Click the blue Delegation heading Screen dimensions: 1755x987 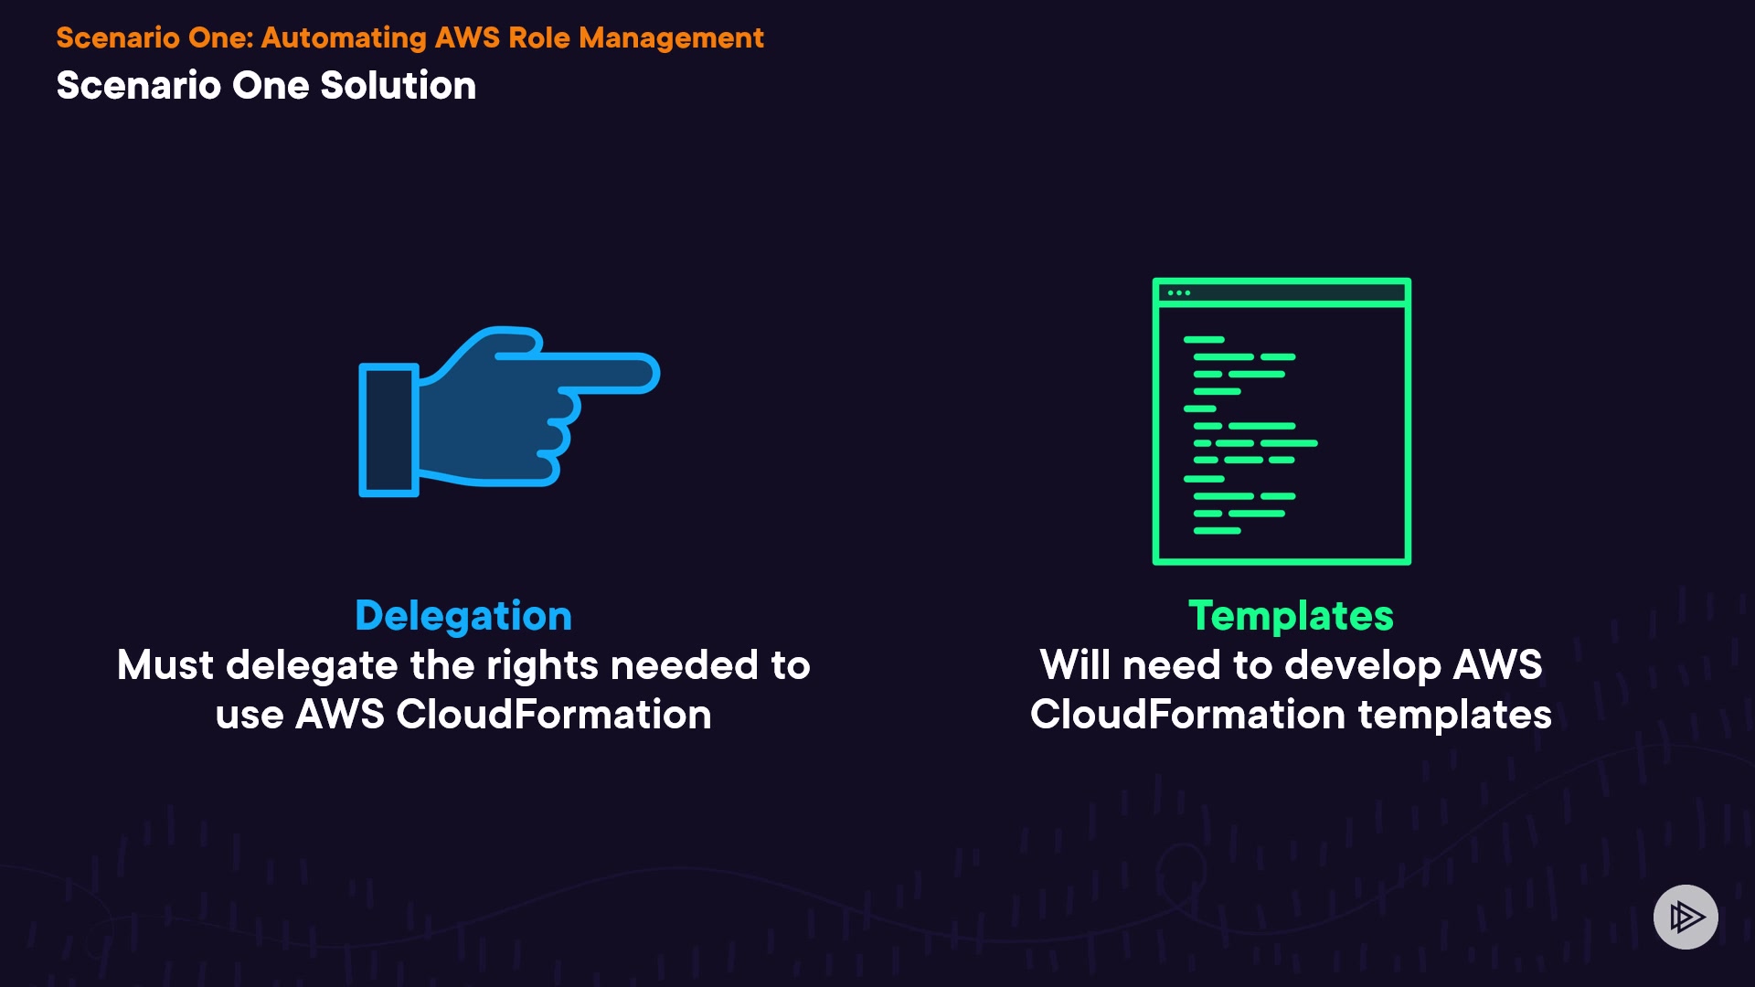point(463,616)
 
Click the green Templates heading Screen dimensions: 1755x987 point(1291,616)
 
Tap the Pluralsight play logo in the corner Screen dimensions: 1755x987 point(1686,917)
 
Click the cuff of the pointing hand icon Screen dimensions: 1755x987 point(388,430)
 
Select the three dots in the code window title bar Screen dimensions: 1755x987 point(1179,293)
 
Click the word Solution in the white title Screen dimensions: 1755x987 point(398,86)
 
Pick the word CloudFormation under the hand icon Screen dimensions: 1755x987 point(554,715)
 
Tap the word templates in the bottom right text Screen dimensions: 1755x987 point(1454,715)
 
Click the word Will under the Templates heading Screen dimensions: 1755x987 point(1075,665)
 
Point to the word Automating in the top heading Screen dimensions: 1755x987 point(344,37)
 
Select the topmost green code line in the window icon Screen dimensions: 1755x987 point(1204,340)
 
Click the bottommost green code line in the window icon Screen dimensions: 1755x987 point(1217,531)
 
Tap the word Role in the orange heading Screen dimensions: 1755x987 point(539,37)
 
